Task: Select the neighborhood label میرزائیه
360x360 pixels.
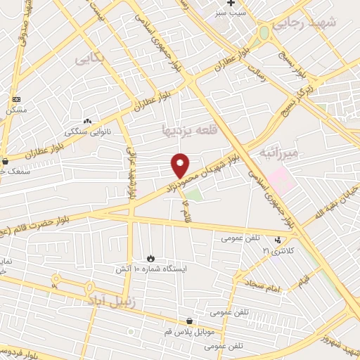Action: click(279, 152)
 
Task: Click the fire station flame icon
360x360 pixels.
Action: click(150, 258)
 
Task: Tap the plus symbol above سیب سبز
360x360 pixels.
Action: click(231, 4)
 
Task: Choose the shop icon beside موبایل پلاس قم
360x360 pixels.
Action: click(188, 321)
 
